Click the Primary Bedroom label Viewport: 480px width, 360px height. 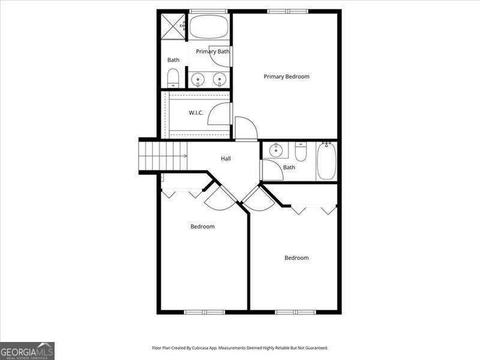click(x=286, y=77)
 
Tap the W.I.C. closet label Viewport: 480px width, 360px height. click(x=197, y=113)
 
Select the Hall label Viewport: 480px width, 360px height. click(x=226, y=159)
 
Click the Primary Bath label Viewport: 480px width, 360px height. click(x=212, y=52)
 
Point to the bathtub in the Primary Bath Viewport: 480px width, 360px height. click(x=209, y=27)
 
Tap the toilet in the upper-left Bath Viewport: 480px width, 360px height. click(x=173, y=77)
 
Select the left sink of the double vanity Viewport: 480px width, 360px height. click(x=197, y=79)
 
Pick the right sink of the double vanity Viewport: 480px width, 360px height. click(x=220, y=79)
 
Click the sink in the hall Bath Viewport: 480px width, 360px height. click(x=276, y=150)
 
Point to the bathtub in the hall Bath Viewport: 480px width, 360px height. click(x=326, y=161)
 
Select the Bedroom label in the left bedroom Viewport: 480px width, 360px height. click(x=202, y=227)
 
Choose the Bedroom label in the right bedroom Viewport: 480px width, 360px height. click(x=296, y=258)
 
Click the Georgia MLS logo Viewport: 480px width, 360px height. click(x=28, y=350)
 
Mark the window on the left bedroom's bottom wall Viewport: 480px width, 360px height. click(x=204, y=312)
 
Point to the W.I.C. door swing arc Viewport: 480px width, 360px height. click(x=219, y=114)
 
